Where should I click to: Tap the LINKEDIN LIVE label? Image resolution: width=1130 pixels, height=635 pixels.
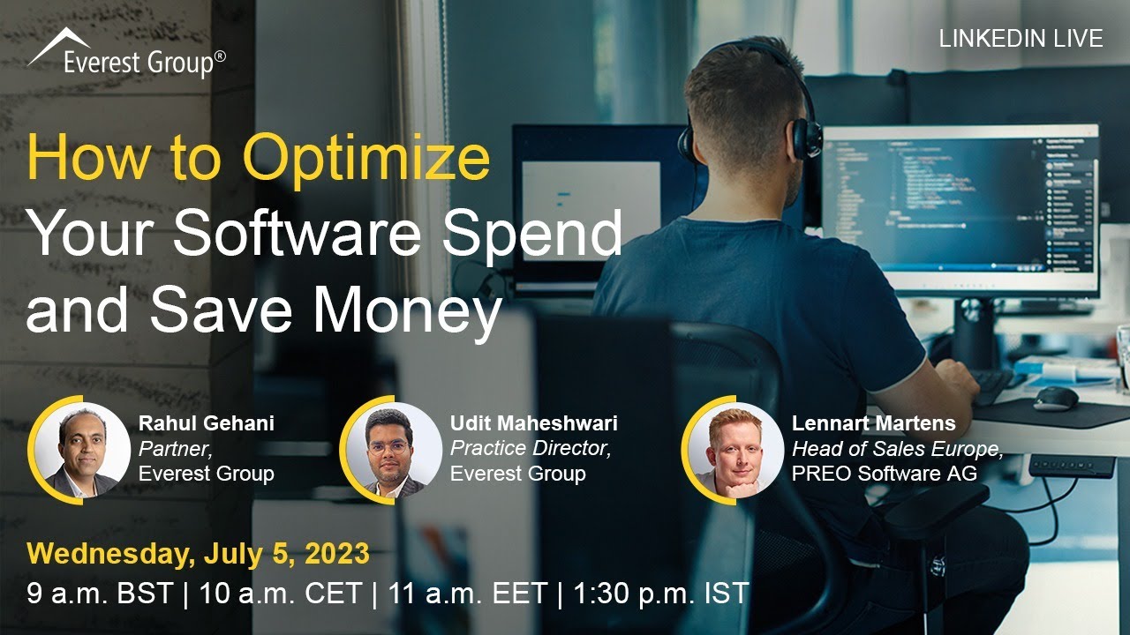click(1021, 39)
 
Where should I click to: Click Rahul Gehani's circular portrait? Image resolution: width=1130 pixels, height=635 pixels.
click(81, 451)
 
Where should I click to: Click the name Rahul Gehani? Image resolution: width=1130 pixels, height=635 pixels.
click(207, 423)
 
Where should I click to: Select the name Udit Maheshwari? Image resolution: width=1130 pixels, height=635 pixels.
click(534, 423)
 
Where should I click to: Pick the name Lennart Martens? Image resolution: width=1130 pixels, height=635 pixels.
click(874, 423)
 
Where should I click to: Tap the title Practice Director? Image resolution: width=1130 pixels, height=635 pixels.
click(531, 448)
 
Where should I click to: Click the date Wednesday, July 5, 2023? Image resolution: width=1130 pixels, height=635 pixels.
click(199, 554)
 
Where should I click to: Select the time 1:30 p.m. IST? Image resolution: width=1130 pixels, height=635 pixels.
click(660, 593)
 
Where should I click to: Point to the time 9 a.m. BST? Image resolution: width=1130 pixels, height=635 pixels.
click(100, 593)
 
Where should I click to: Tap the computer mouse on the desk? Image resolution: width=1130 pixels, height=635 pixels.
click(1055, 398)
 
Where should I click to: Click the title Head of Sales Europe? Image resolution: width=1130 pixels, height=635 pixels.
click(897, 449)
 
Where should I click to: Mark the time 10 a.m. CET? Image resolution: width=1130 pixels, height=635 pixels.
click(281, 593)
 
